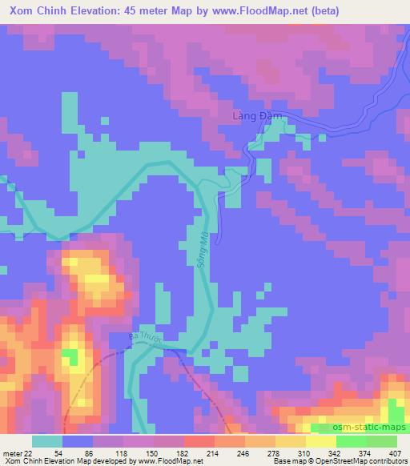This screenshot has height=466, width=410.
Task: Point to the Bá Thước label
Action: (147, 340)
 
